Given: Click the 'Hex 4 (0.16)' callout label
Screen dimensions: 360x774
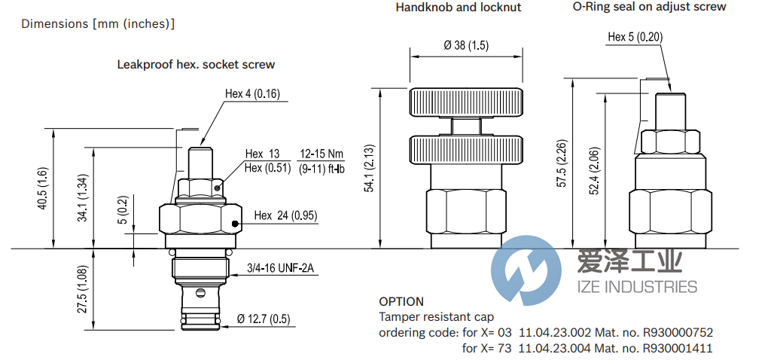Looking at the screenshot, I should (x=252, y=94).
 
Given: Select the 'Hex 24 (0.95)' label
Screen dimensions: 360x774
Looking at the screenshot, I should (x=285, y=215).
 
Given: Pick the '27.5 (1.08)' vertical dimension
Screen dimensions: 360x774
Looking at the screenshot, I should (x=84, y=289).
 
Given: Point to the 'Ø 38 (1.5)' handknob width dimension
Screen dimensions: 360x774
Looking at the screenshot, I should (x=466, y=45).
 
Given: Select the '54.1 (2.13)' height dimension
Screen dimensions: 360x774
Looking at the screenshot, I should (x=370, y=168).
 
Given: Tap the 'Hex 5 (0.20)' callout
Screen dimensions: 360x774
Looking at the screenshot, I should (x=635, y=37).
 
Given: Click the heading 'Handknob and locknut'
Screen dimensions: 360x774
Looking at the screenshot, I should (x=459, y=8).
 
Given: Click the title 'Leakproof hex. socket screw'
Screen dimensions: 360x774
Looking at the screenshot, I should (x=196, y=65).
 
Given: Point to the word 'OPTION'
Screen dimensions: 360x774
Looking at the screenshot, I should (x=401, y=301).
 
